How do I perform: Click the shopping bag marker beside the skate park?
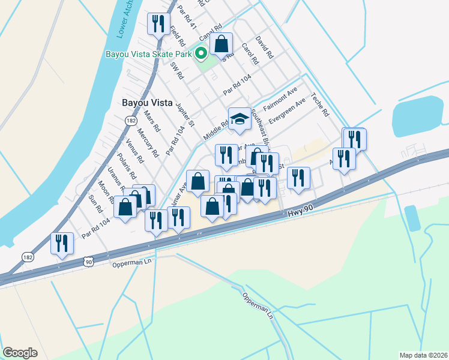pos(221,44)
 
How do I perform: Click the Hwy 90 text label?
pos(301,212)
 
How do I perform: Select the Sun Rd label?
pos(95,205)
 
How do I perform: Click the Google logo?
pos(20,353)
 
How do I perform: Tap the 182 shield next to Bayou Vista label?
pos(130,121)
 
